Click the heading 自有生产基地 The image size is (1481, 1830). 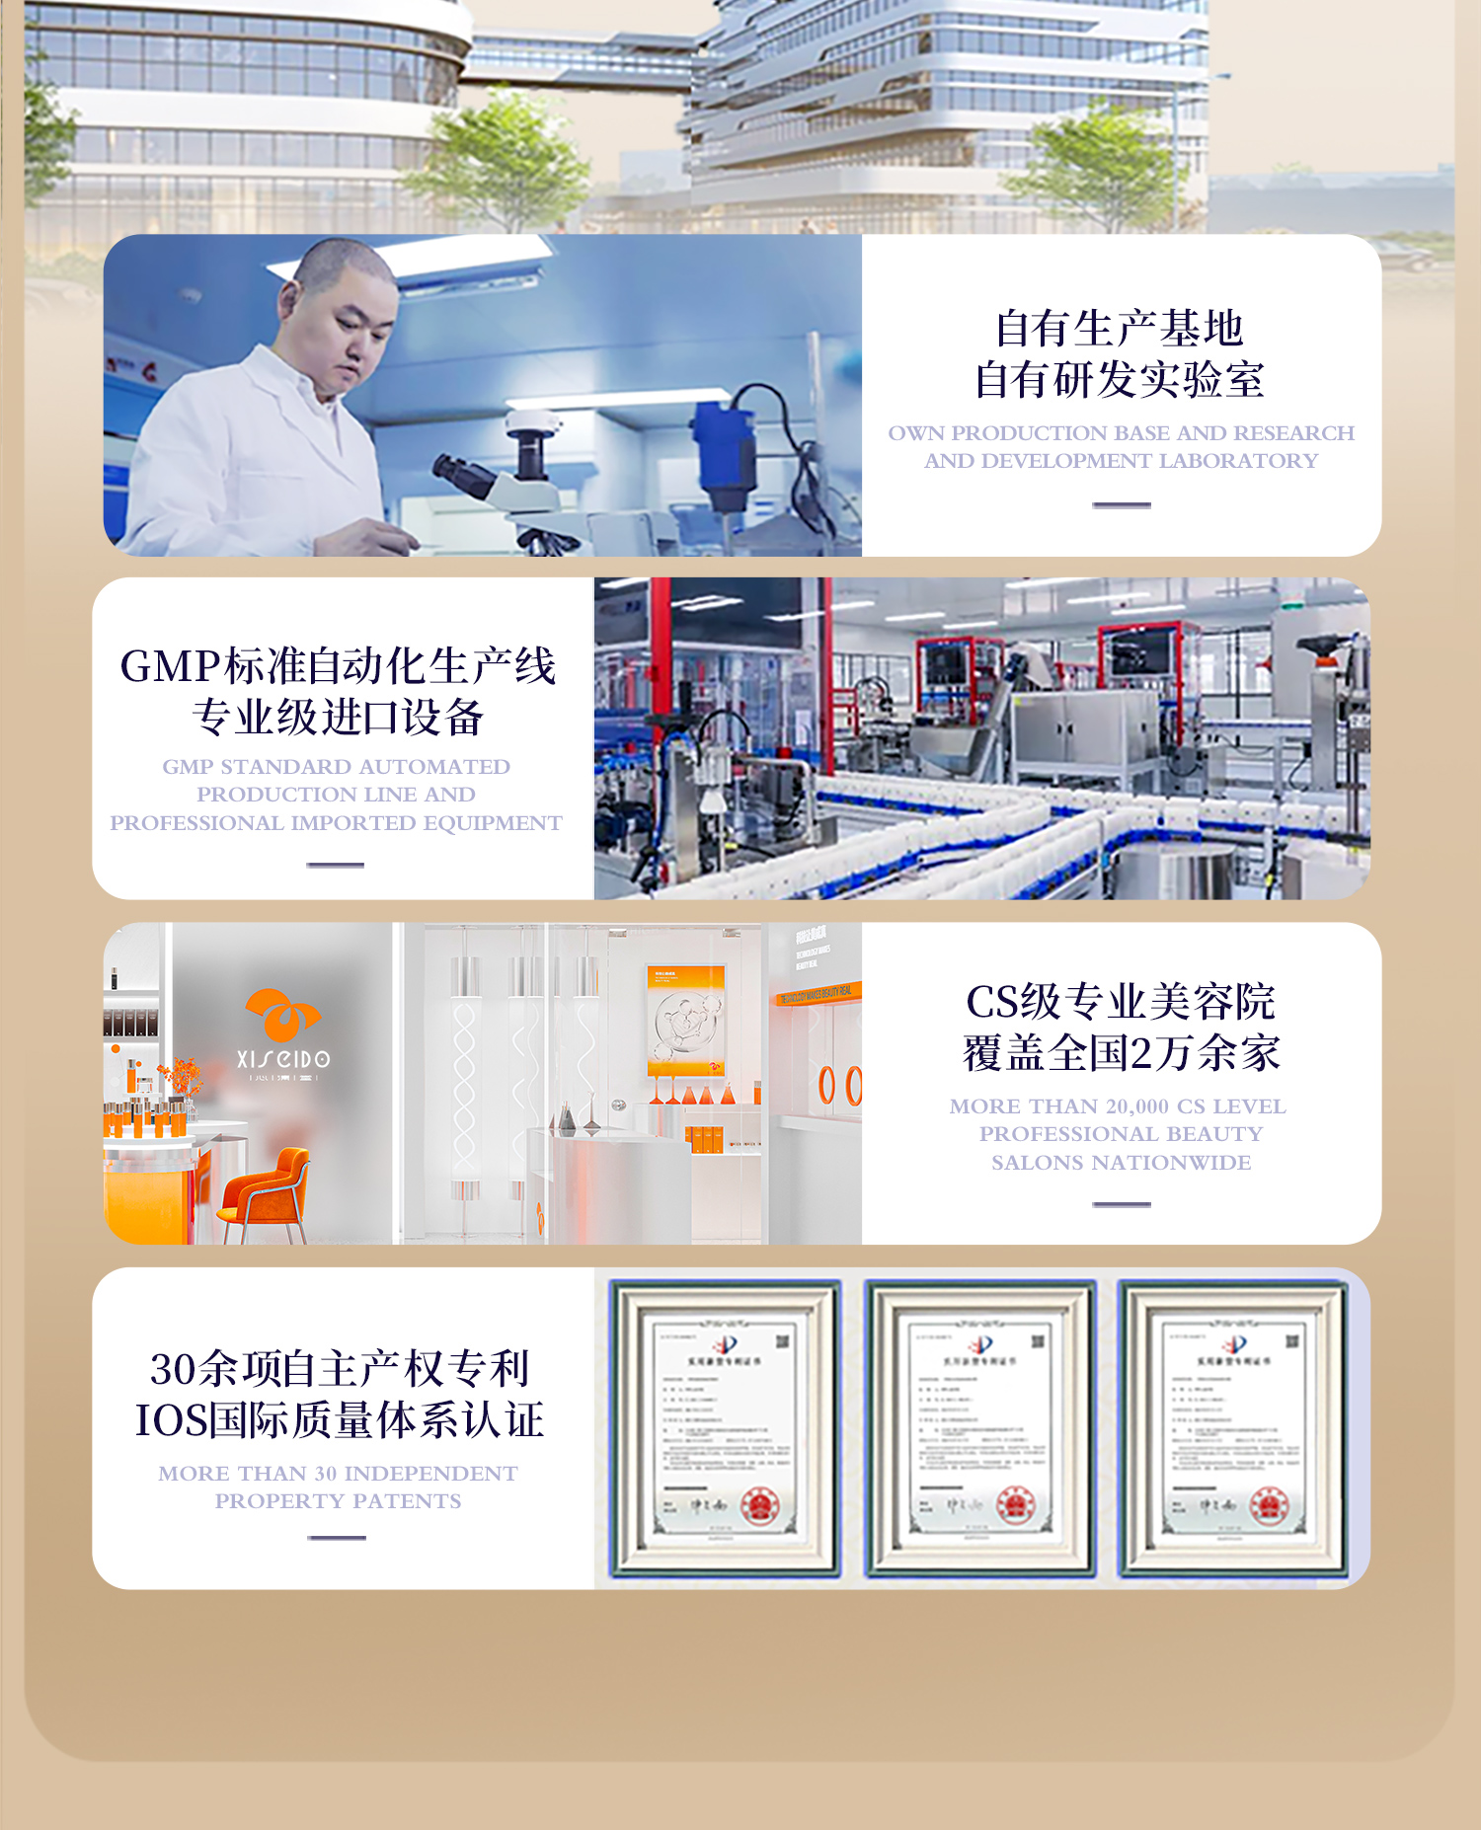pyautogui.click(x=1120, y=329)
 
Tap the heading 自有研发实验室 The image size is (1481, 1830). pyautogui.click(x=1120, y=380)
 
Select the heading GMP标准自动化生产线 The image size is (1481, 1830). pyautogui.click(x=338, y=666)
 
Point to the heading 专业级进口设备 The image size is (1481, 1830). pyautogui.click(x=338, y=718)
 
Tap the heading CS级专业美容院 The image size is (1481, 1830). pyautogui.click(x=1121, y=1002)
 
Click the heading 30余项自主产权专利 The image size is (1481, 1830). pyautogui.click(x=340, y=1369)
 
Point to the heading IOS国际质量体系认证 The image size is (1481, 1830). pyautogui.click(x=340, y=1420)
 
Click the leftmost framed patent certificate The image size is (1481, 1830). pyautogui.click(x=726, y=1428)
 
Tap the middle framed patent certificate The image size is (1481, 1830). pyautogui.click(x=980, y=1428)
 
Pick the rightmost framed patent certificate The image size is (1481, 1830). pyautogui.click(x=1233, y=1428)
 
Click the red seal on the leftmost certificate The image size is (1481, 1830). pyautogui.click(x=760, y=1506)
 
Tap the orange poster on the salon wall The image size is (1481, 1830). pyautogui.click(x=686, y=1020)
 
